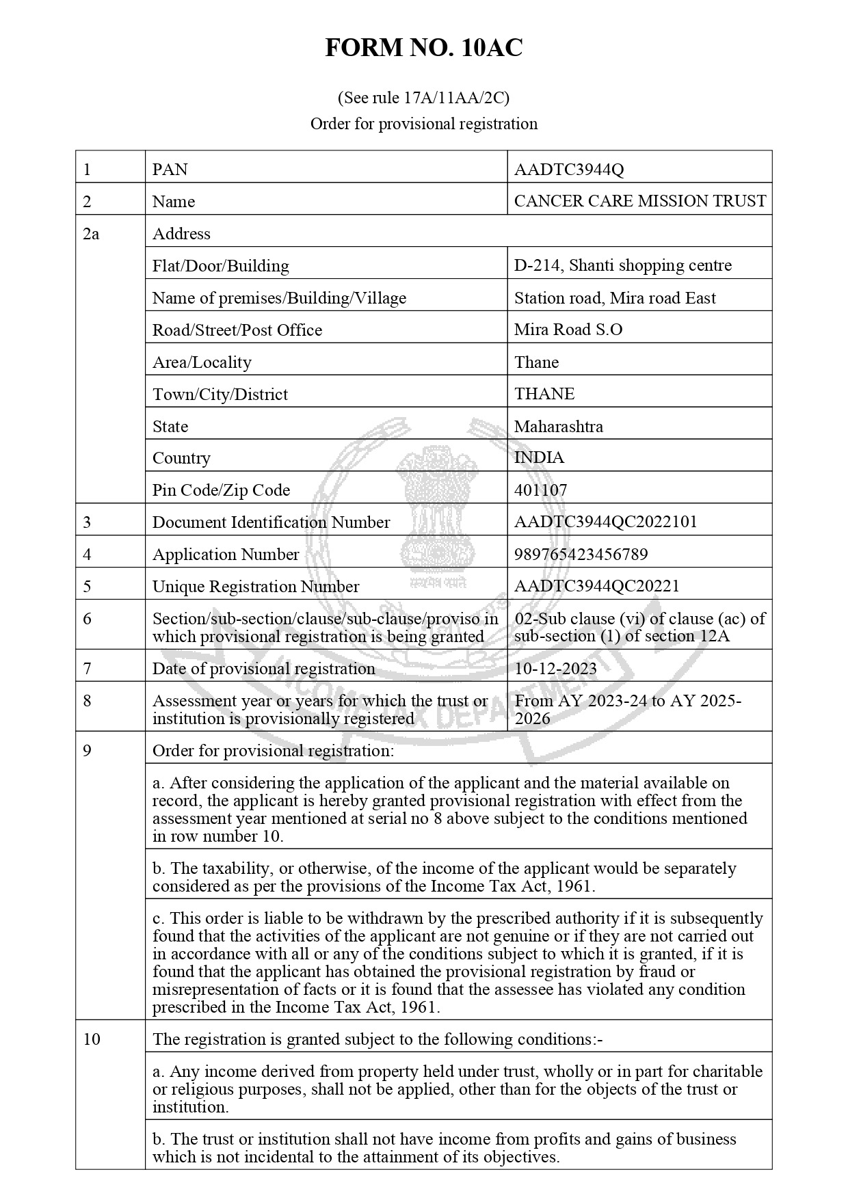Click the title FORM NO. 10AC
tap(423, 48)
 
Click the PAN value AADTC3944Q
tap(569, 170)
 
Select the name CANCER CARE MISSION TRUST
tap(639, 201)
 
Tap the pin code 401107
tap(540, 490)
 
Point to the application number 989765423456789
tap(581, 555)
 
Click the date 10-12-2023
tap(555, 669)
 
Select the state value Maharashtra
tap(559, 427)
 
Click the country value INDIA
tap(539, 458)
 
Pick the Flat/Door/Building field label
tap(220, 266)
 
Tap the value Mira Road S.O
tap(568, 330)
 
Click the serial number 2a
tap(91, 234)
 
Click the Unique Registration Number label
tap(255, 587)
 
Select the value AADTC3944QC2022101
tap(605, 522)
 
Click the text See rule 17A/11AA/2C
tap(423, 98)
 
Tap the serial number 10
tap(92, 1039)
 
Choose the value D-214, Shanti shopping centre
tap(622, 265)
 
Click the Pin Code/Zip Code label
tap(221, 490)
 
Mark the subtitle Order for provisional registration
tap(423, 124)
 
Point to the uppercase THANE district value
tap(544, 394)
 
